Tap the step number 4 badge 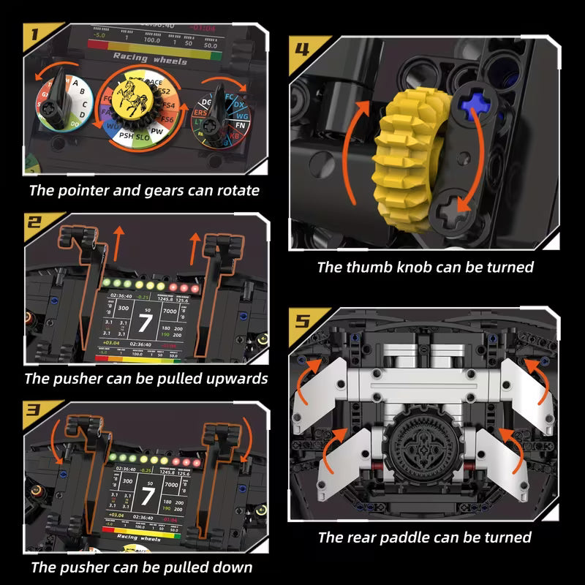point(302,50)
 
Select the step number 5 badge point(302,322)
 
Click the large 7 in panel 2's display point(145,322)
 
